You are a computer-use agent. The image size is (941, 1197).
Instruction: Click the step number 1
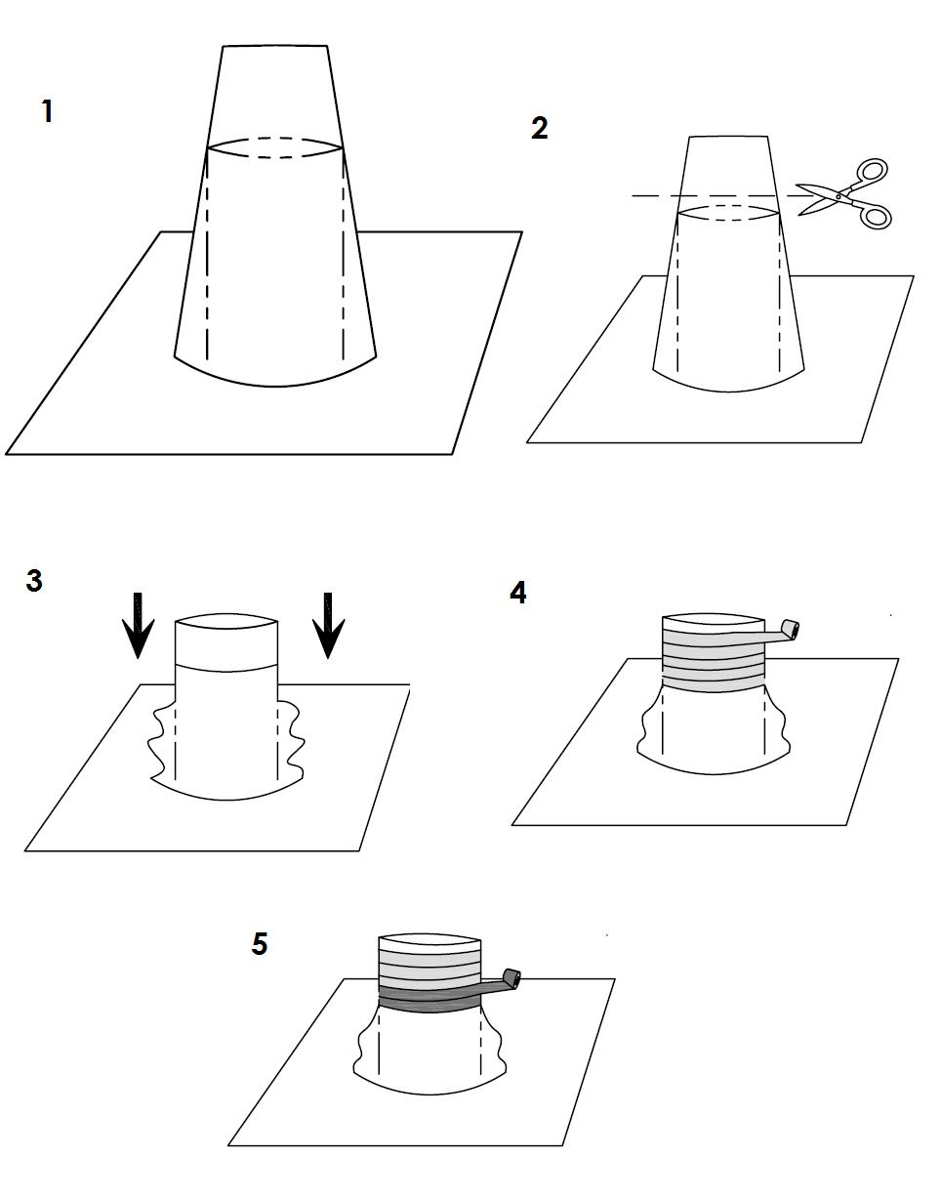pyautogui.click(x=48, y=110)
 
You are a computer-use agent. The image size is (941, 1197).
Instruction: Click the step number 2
pyautogui.click(x=540, y=128)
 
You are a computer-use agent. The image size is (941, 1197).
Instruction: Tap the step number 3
pyautogui.click(x=34, y=581)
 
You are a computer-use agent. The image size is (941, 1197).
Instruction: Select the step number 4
pyautogui.click(x=517, y=593)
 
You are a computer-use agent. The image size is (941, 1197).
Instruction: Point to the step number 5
pyautogui.click(x=260, y=944)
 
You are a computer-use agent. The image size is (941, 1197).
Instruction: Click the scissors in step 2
pyautogui.click(x=843, y=193)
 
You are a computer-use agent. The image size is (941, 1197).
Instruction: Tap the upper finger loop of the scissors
pyautogui.click(x=872, y=170)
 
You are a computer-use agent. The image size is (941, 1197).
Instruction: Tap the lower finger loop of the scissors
pyautogui.click(x=876, y=217)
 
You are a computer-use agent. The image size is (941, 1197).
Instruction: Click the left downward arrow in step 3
pyautogui.click(x=138, y=626)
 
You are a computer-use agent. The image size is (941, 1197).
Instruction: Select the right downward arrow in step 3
pyautogui.click(x=328, y=626)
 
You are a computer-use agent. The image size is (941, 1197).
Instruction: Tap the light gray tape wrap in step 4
pyautogui.click(x=714, y=661)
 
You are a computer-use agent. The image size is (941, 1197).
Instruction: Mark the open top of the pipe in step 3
pyautogui.click(x=226, y=621)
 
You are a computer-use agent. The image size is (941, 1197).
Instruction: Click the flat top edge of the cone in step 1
pyautogui.click(x=274, y=46)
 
